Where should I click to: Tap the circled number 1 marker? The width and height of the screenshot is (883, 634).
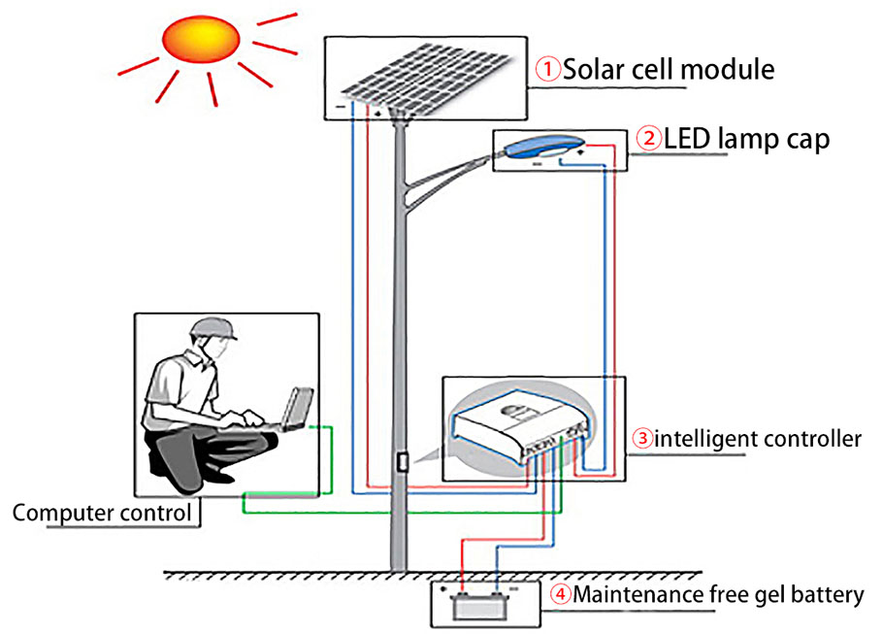click(550, 69)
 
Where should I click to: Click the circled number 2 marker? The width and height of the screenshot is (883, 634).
click(647, 138)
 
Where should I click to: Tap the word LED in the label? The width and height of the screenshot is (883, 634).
click(687, 138)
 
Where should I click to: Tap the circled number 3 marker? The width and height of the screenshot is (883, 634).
click(642, 438)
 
